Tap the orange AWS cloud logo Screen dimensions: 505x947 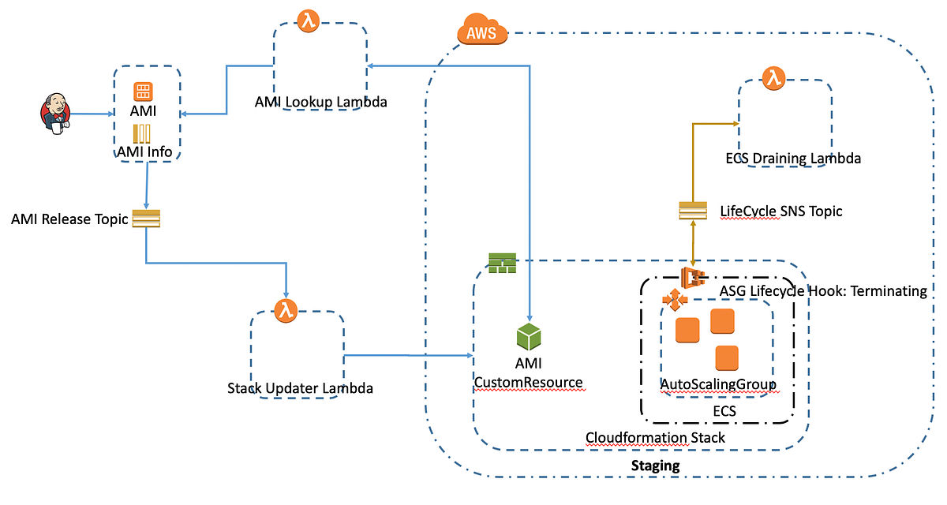tap(481, 33)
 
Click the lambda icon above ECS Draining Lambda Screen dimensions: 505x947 tap(770, 77)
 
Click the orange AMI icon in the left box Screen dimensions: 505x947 tap(143, 92)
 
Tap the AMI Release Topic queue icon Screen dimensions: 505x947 tap(146, 219)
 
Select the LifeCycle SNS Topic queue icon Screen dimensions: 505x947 tap(692, 211)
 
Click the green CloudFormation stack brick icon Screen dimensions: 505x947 tap(501, 263)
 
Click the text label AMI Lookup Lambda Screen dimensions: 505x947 tap(320, 102)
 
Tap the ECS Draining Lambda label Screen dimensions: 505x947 tap(792, 159)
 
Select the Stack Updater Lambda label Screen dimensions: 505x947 tap(300, 388)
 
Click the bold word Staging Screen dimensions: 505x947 tap(655, 466)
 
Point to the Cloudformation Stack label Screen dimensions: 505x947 tap(655, 437)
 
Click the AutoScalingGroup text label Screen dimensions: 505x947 tap(718, 384)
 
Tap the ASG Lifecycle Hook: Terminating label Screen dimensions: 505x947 tap(823, 291)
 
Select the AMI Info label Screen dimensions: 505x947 tap(144, 151)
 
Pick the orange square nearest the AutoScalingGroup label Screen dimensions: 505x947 tap(726, 358)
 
